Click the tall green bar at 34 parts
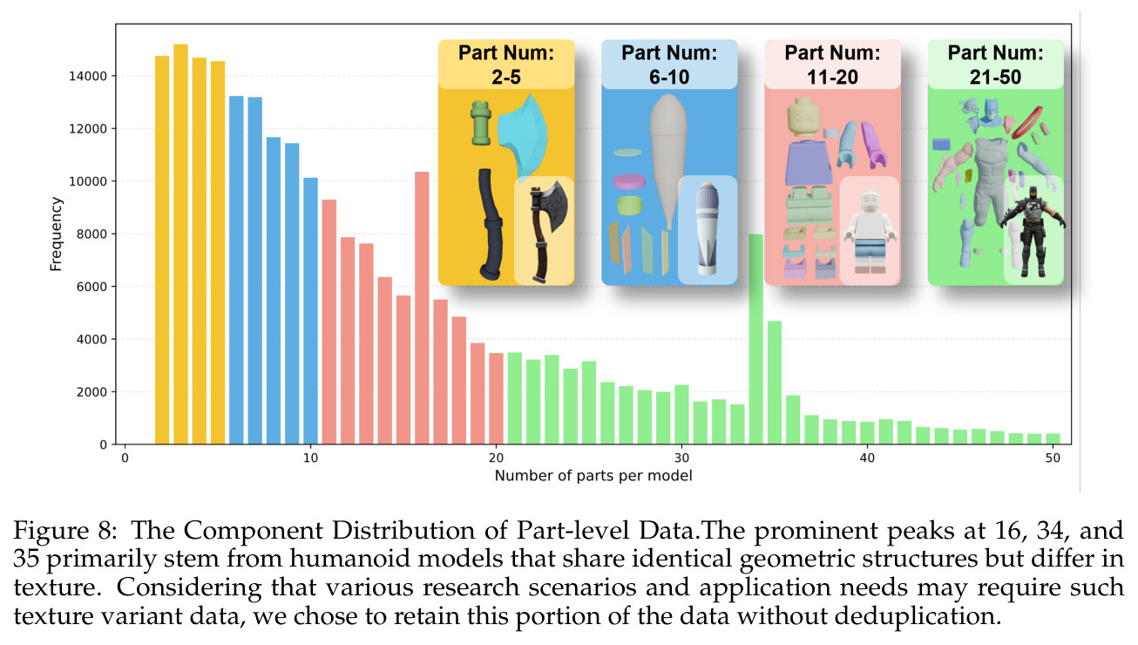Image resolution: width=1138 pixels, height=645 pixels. [x=756, y=339]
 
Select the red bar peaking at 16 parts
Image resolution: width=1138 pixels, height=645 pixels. [x=422, y=308]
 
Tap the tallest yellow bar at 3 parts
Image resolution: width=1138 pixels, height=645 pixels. [x=181, y=244]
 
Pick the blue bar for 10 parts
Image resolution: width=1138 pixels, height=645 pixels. [x=310, y=311]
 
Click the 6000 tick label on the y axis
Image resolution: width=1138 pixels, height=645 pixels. [x=88, y=287]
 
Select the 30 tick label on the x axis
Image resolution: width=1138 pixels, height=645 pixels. [x=681, y=458]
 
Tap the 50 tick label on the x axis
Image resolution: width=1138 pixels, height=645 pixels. [x=1053, y=458]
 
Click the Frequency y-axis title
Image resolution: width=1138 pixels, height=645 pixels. [x=56, y=234]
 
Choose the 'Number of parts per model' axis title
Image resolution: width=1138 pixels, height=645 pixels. [x=593, y=476]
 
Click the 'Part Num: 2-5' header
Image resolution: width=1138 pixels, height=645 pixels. [x=506, y=64]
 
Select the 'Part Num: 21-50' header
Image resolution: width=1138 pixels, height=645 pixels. [x=995, y=64]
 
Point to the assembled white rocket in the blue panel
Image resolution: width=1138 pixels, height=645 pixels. [x=708, y=228]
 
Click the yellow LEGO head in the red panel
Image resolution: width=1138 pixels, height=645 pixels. [x=803, y=117]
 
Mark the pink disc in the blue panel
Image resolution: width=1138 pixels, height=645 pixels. [x=629, y=181]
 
